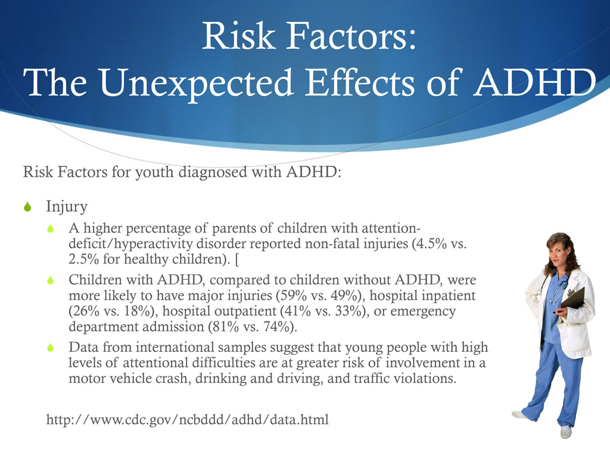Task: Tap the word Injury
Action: [67, 207]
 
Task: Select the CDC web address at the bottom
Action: [187, 420]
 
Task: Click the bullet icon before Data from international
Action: [51, 348]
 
